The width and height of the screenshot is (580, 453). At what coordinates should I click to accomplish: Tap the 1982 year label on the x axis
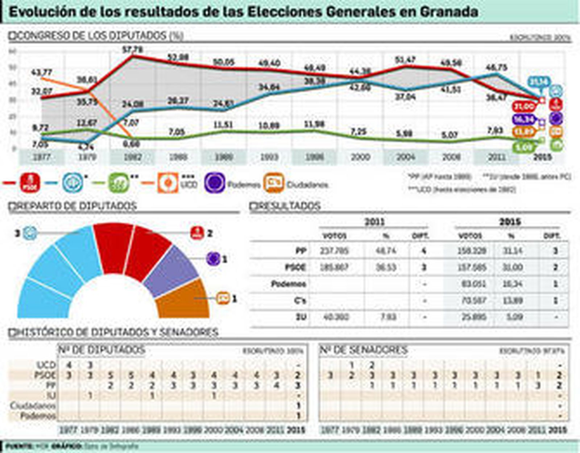click(133, 157)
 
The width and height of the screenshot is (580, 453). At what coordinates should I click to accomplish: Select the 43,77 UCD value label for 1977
click(42, 72)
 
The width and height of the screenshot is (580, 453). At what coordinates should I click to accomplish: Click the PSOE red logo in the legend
click(30, 183)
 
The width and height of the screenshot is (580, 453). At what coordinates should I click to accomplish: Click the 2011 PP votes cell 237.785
click(335, 251)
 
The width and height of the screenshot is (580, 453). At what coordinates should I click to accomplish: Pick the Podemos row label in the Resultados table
click(289, 284)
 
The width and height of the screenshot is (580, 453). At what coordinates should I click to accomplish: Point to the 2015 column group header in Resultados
click(510, 222)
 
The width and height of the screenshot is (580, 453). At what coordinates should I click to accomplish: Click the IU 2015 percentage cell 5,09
click(513, 317)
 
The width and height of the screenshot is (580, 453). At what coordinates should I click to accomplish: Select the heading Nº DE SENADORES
click(364, 350)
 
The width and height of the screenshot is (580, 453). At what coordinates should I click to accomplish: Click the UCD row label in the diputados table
click(46, 365)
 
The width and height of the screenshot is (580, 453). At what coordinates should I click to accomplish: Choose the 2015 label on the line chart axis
click(542, 157)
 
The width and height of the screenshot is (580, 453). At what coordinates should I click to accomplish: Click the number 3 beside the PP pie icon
click(17, 233)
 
